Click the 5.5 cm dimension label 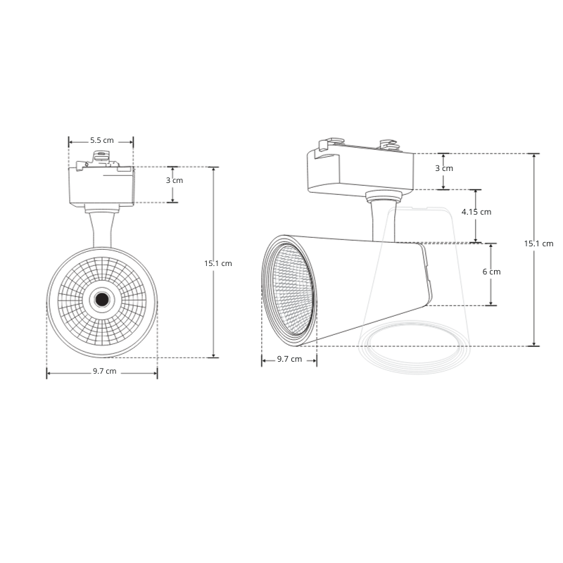(101, 140)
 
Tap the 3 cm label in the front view (174, 180)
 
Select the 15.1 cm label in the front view (217, 263)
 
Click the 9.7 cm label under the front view (104, 371)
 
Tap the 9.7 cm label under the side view (289, 359)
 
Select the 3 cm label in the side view (443, 168)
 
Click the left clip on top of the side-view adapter (325, 146)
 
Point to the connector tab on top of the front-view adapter (101, 159)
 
